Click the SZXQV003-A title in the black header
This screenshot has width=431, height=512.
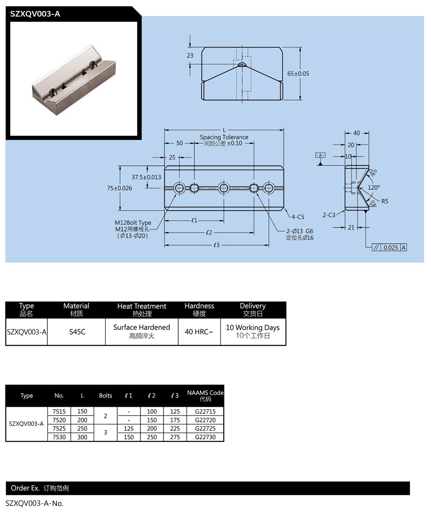(x=35, y=14)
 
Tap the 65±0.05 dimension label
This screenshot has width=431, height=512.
(x=298, y=73)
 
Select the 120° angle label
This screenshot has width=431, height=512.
(x=374, y=187)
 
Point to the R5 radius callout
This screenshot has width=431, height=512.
(x=385, y=201)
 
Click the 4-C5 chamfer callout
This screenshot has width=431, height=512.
(x=298, y=217)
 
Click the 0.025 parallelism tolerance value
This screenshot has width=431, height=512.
(x=390, y=247)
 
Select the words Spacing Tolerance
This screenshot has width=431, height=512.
(x=224, y=137)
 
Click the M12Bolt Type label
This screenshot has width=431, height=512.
(x=133, y=223)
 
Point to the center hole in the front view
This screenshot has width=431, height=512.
(x=223, y=188)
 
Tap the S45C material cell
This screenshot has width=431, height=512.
(x=77, y=332)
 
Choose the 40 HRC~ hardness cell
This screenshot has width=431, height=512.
(x=199, y=332)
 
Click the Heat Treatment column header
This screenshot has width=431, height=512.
(x=141, y=307)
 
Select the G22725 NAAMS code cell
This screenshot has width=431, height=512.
(x=205, y=429)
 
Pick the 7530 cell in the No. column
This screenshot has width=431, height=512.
(x=59, y=437)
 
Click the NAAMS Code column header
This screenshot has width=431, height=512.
(x=205, y=393)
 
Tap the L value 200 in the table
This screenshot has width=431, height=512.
(x=82, y=420)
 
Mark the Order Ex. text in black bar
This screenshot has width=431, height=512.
(x=25, y=488)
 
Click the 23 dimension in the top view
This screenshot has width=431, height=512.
(x=190, y=55)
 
